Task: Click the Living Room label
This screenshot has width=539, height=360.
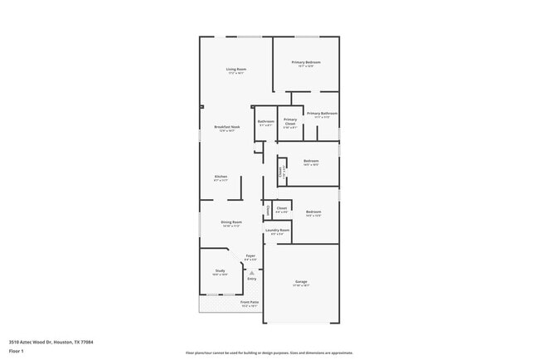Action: pyautogui.click(x=236, y=69)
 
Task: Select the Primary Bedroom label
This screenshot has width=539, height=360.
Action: pyautogui.click(x=305, y=62)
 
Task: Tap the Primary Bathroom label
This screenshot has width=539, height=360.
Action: pyautogui.click(x=322, y=113)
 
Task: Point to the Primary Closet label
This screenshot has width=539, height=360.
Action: pyautogui.click(x=289, y=121)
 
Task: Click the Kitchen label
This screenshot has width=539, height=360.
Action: pyautogui.click(x=221, y=177)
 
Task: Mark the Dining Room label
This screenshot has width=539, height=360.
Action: pyautogui.click(x=231, y=221)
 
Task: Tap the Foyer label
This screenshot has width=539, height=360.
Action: pyautogui.click(x=250, y=256)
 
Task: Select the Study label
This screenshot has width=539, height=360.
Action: pyautogui.click(x=220, y=270)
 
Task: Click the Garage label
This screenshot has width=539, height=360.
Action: pyautogui.click(x=300, y=282)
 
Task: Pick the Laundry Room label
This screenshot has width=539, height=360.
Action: pyautogui.click(x=277, y=230)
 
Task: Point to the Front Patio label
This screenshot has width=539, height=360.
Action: pyautogui.click(x=250, y=302)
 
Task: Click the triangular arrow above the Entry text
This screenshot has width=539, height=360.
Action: pyautogui.click(x=252, y=271)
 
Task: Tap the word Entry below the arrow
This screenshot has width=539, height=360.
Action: pyautogui.click(x=252, y=279)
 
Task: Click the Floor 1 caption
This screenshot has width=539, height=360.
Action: pyautogui.click(x=17, y=352)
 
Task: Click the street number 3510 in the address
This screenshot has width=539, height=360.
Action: pyautogui.click(x=14, y=341)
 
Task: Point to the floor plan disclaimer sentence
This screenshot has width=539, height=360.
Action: pyautogui.click(x=269, y=352)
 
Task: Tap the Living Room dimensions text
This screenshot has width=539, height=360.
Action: pyautogui.click(x=236, y=73)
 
